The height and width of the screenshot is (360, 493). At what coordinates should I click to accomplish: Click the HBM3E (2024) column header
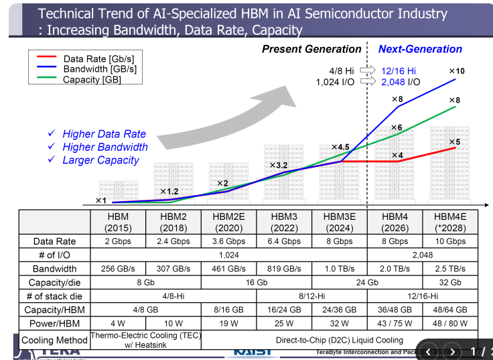click(x=340, y=222)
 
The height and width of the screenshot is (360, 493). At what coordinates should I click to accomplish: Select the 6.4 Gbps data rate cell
click(x=284, y=241)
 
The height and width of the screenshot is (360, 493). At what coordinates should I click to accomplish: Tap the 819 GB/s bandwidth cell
click(x=284, y=268)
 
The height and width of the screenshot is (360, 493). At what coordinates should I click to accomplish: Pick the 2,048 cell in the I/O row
click(x=422, y=255)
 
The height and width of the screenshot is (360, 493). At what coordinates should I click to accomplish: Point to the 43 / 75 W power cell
click(x=395, y=324)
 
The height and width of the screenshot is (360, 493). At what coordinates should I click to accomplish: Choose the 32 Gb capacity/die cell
click(x=450, y=282)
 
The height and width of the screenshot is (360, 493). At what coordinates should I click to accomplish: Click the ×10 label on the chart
click(x=456, y=71)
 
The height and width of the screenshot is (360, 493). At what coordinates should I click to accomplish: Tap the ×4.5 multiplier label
click(x=340, y=147)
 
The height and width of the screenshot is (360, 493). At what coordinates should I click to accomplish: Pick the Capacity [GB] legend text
click(x=92, y=80)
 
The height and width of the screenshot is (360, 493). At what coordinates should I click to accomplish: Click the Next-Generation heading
click(x=420, y=49)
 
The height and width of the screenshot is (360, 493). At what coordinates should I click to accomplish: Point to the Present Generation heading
click(x=311, y=49)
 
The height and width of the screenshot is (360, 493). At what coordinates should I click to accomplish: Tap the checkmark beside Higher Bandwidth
click(x=52, y=147)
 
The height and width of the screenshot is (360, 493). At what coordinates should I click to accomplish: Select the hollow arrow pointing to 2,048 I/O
click(x=368, y=82)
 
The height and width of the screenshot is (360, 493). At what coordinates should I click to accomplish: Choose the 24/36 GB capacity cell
click(x=340, y=310)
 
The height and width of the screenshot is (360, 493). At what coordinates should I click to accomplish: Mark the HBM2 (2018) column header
click(x=173, y=222)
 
